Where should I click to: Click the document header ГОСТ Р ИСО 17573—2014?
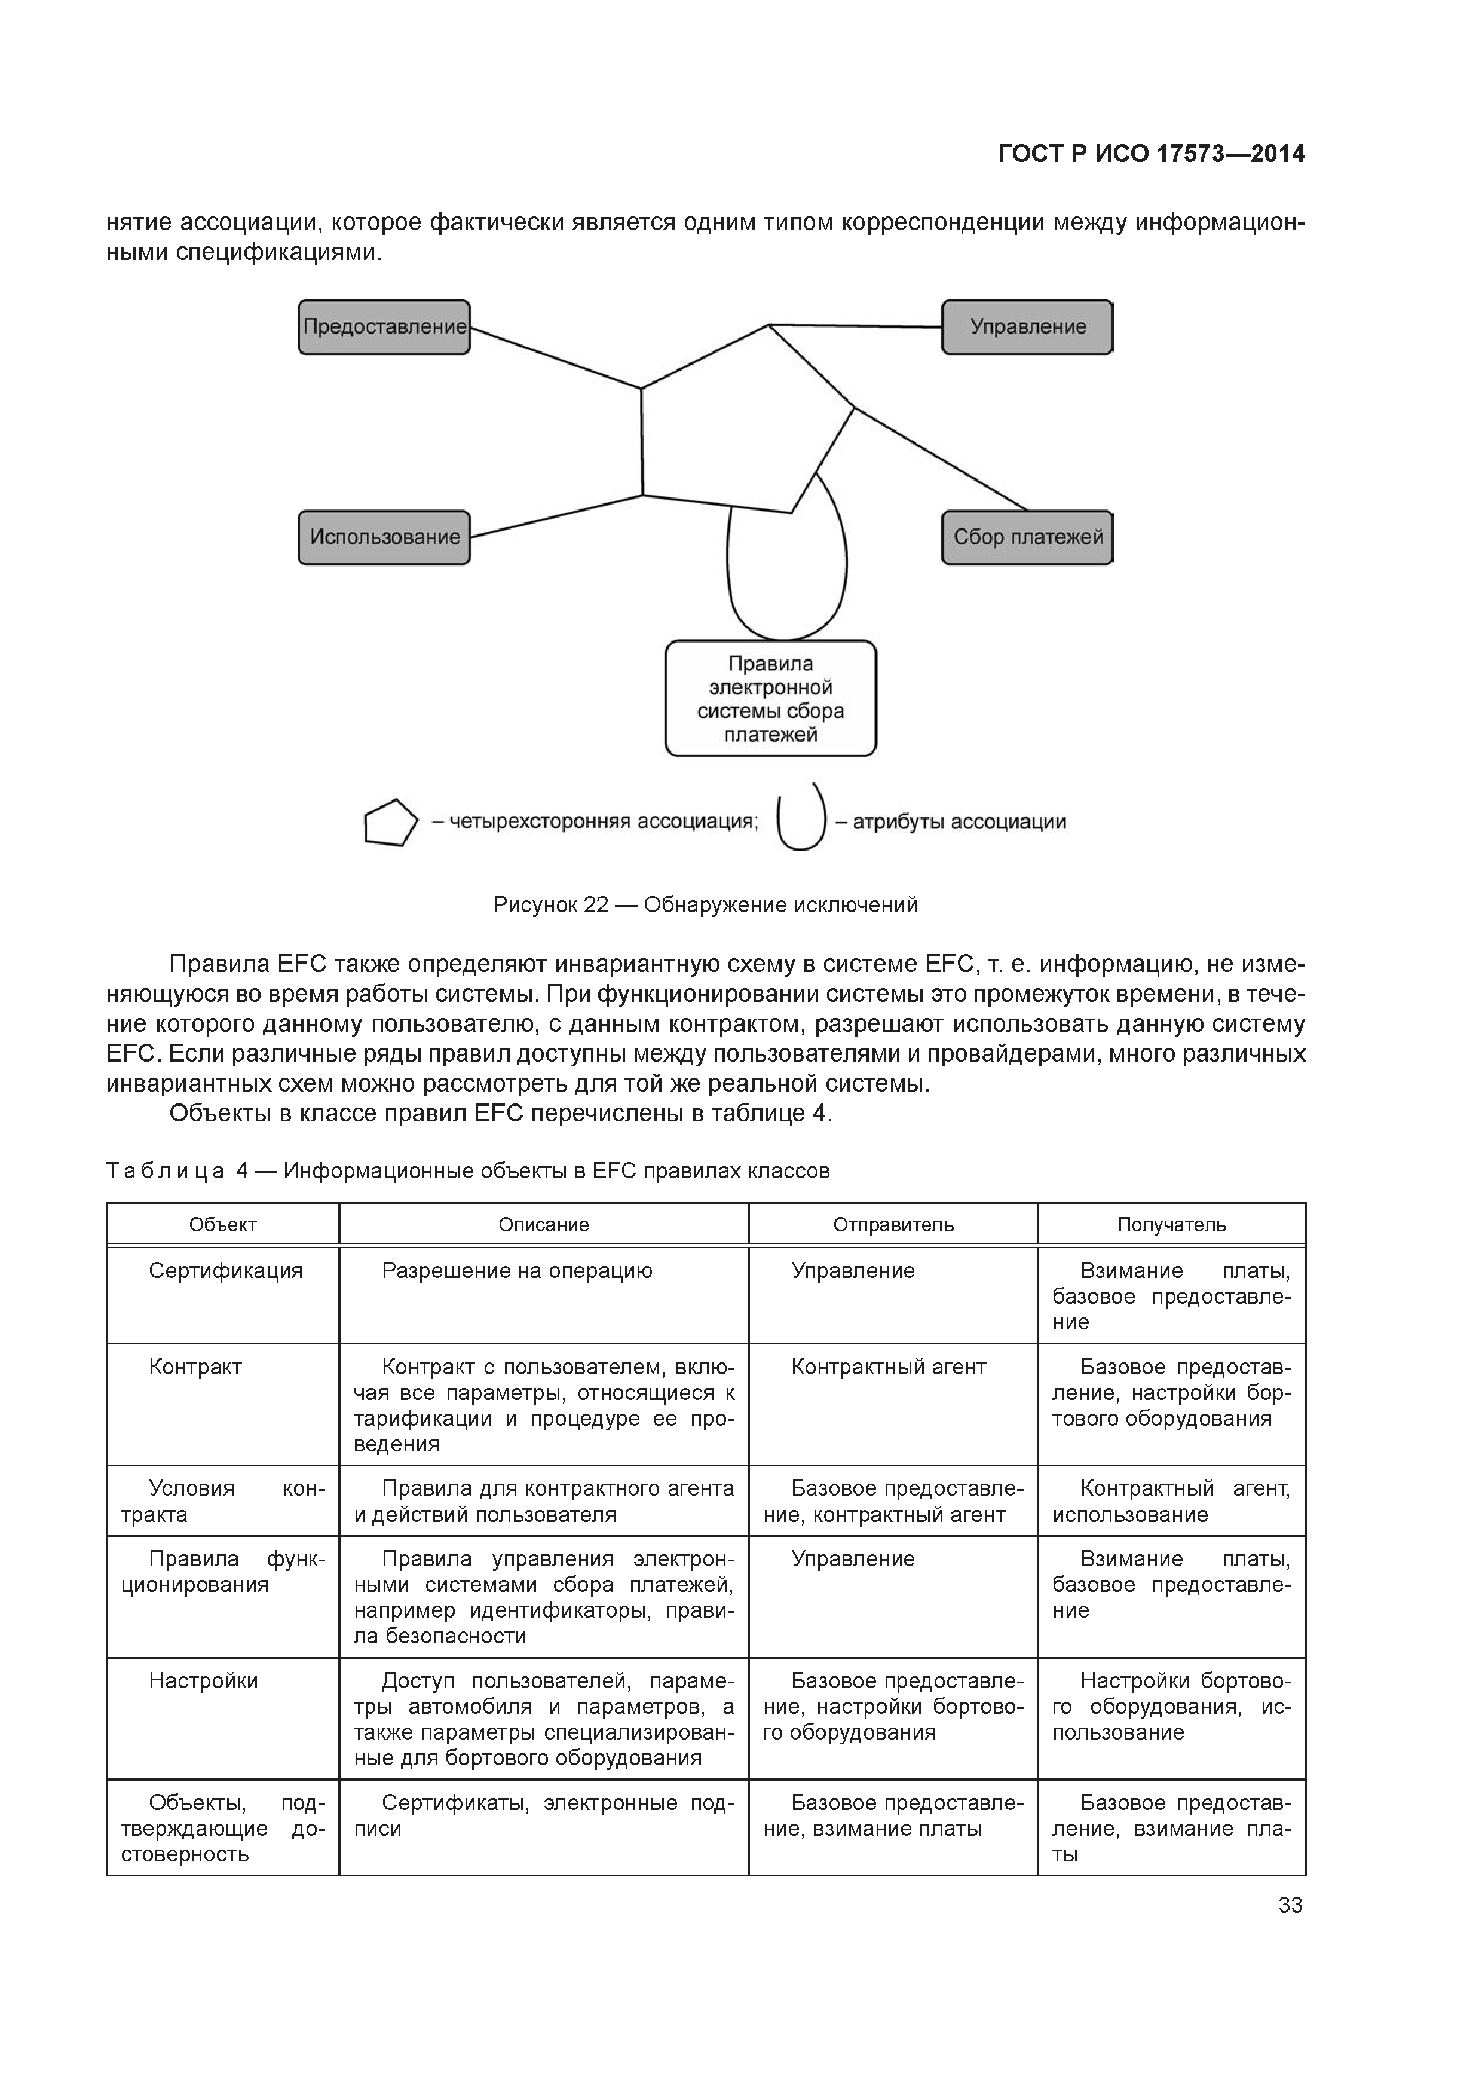1150,154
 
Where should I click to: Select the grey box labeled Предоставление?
384,327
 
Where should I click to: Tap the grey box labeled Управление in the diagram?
1027,327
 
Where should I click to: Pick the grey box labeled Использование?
384,537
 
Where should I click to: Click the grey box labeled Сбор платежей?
1027,537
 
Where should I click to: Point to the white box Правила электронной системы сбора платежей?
771,699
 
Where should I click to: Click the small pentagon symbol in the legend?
390,823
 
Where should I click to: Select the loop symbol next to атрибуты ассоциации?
801,820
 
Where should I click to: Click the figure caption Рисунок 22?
705,905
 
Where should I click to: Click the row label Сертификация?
225,1270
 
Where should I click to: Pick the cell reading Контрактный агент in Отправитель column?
889,1367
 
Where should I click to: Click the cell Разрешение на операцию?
517,1270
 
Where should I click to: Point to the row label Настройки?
204,1680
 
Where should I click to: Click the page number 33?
1290,1905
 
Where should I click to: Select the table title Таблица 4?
467,1171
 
